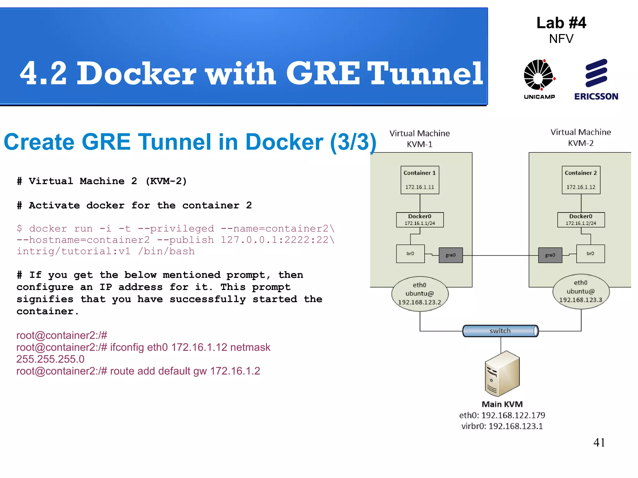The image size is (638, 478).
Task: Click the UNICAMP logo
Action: click(x=539, y=78)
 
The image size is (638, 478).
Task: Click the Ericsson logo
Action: click(x=596, y=79)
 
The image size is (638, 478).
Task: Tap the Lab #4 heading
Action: click(x=561, y=23)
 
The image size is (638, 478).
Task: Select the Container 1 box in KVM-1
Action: click(x=420, y=180)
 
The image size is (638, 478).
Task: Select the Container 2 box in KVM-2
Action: click(x=581, y=180)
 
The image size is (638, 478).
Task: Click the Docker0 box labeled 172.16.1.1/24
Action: click(x=420, y=220)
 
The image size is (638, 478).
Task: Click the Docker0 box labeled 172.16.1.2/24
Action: click(x=581, y=220)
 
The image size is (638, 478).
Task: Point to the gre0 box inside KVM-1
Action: click(x=450, y=255)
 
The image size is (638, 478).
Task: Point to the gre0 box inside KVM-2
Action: click(x=550, y=255)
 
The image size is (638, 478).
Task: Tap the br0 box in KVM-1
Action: click(x=410, y=254)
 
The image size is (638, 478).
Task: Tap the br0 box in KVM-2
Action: click(x=590, y=254)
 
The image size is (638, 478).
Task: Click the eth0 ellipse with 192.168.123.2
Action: click(x=420, y=294)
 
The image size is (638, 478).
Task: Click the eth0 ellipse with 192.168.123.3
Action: click(x=581, y=292)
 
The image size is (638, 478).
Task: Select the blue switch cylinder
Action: click(x=500, y=331)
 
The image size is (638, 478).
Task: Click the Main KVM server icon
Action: click(x=502, y=373)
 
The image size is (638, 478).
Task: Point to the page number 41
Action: click(x=599, y=442)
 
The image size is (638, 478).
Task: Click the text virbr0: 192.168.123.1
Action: click(x=502, y=426)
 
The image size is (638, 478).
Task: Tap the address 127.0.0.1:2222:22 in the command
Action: click(x=274, y=240)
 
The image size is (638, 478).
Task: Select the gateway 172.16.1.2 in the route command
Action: click(x=235, y=371)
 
